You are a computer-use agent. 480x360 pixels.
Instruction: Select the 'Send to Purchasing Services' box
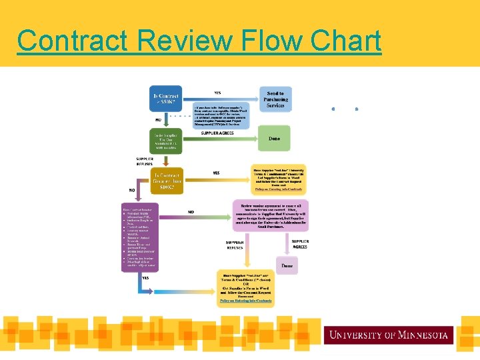(x=275, y=99)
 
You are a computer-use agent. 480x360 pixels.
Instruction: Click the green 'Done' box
(x=275, y=139)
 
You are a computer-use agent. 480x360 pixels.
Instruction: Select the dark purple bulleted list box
(x=140, y=235)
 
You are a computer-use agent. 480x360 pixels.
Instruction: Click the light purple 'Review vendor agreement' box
(x=270, y=215)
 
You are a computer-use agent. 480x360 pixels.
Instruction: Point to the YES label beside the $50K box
(x=217, y=93)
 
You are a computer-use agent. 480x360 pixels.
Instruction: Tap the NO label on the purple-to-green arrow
(x=191, y=212)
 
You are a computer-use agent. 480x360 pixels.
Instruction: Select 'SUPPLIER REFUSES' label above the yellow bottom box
(x=235, y=244)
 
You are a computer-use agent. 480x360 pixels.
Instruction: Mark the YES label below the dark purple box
(x=145, y=277)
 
